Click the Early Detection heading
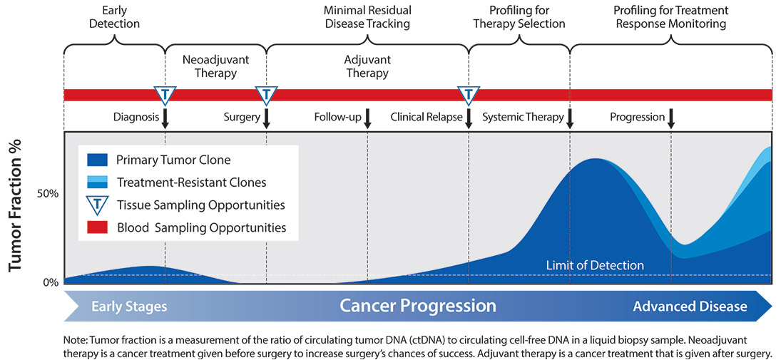(x=114, y=17)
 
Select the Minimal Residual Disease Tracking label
(x=367, y=17)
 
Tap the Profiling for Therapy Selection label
(x=518, y=17)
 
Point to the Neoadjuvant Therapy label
(x=215, y=66)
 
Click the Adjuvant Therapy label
(x=367, y=66)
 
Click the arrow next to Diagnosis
(x=165, y=118)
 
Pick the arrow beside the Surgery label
(x=267, y=118)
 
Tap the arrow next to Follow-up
(x=368, y=118)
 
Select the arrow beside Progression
(x=671, y=118)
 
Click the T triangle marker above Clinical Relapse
(x=469, y=94)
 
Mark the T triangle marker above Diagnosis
(x=165, y=94)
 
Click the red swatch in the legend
(x=97, y=227)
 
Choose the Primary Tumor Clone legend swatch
(x=97, y=160)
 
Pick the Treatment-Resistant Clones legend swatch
(x=97, y=182)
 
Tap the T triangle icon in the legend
(x=97, y=205)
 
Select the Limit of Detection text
(x=595, y=265)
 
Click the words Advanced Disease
(x=690, y=307)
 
